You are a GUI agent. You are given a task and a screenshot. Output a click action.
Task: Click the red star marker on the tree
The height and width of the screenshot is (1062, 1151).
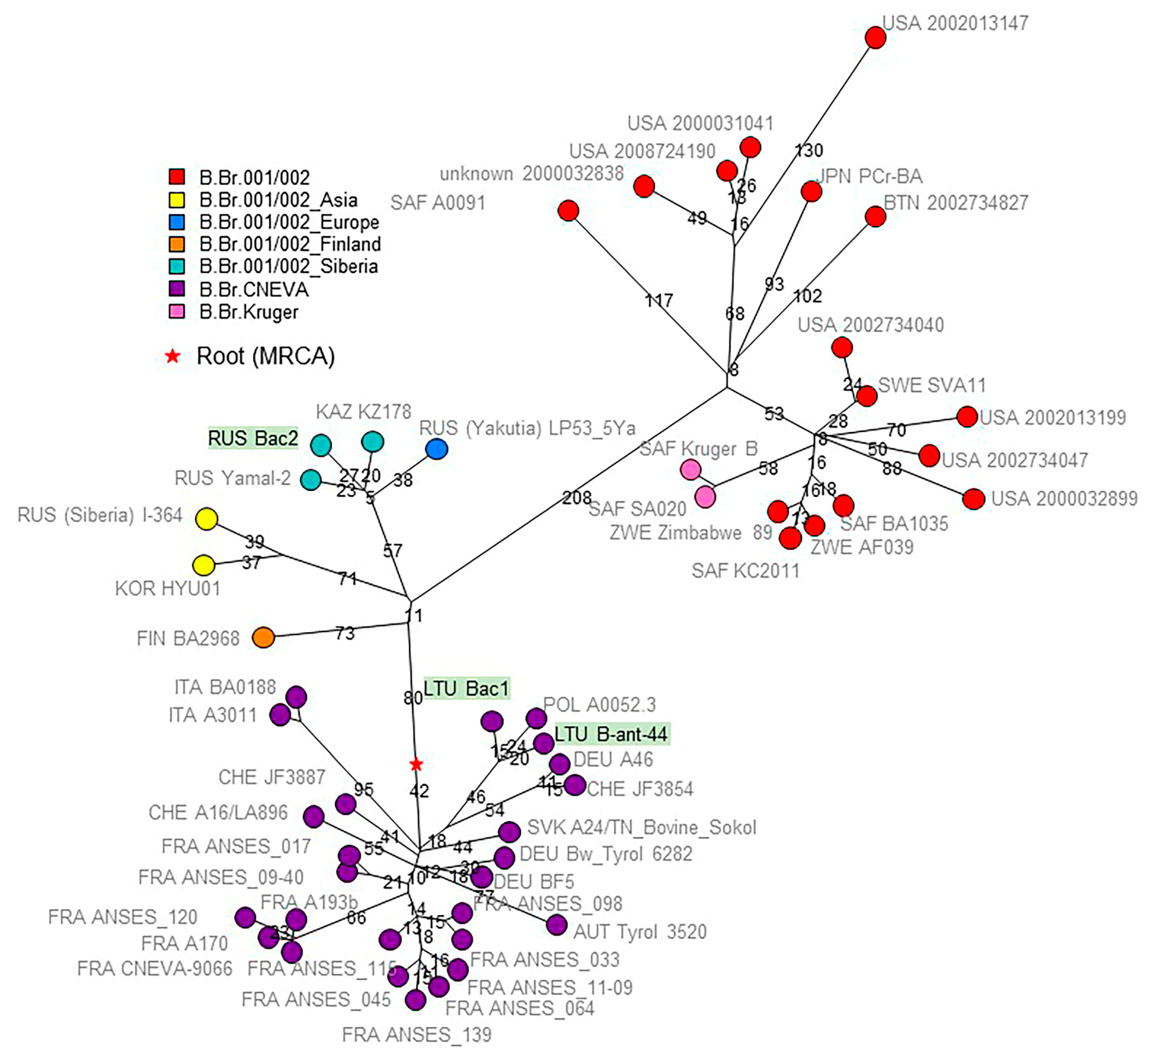click(416, 764)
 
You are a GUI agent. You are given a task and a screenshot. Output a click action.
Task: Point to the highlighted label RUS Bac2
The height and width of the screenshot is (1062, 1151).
click(253, 439)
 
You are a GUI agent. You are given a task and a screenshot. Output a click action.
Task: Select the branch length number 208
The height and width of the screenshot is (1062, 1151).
click(577, 498)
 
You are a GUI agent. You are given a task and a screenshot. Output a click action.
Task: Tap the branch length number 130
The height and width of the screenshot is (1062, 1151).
click(809, 151)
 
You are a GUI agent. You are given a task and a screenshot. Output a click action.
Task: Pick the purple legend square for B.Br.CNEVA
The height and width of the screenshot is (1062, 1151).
click(177, 289)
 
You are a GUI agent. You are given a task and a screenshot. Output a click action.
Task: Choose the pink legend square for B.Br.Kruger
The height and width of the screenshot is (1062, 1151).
click(177, 311)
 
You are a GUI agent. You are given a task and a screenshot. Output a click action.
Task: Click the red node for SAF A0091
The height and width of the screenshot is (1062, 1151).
click(568, 211)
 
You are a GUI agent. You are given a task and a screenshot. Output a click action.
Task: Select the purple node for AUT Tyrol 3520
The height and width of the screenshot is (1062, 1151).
click(556, 925)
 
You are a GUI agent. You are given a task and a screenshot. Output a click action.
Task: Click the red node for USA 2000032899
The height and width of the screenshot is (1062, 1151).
click(973, 499)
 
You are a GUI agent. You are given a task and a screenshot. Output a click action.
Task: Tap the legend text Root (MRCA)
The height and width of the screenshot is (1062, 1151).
click(265, 356)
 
